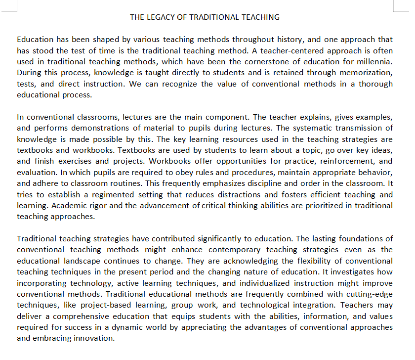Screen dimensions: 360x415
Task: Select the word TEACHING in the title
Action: [260, 17]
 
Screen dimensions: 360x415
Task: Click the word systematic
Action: [326, 128]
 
